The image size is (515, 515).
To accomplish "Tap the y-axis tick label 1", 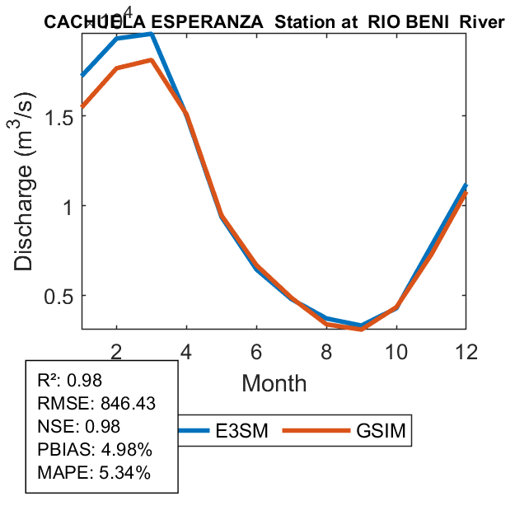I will (x=72, y=205).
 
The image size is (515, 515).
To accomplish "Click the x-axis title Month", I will (x=274, y=383).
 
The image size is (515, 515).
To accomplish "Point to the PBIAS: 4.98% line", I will (x=94, y=450).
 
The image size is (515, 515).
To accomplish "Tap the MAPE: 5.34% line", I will (x=94, y=473).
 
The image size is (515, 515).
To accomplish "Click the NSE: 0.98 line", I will (x=79, y=427).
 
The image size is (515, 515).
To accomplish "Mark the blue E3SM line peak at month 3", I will (x=152, y=34).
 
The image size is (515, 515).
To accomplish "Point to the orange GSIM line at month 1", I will (x=82, y=107).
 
